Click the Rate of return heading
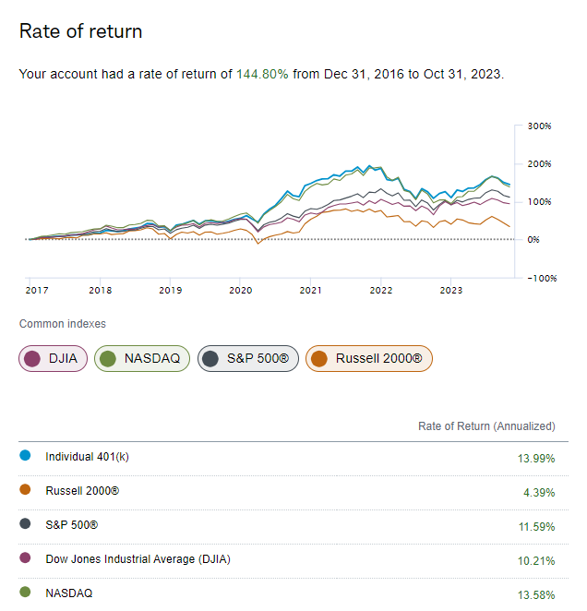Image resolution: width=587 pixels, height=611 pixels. pos(80,31)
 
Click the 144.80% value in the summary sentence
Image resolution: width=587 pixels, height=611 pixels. pos(262,74)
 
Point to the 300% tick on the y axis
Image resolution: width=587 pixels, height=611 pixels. pos(539,126)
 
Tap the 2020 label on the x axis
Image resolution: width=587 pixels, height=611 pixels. pos(240,290)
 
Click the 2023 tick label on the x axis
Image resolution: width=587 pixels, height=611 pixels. pos(450,290)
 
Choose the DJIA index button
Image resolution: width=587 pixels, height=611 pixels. pos(53,358)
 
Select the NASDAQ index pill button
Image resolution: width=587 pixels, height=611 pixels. pos(142,358)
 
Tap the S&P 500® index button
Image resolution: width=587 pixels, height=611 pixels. pos(248,358)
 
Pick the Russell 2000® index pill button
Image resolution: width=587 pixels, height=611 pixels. pos(368,358)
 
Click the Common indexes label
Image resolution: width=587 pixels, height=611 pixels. pos(62,324)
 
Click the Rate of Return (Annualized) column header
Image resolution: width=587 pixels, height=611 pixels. pos(486,426)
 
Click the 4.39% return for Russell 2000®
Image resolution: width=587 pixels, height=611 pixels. pos(538,493)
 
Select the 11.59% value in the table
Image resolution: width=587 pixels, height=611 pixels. pos(535,526)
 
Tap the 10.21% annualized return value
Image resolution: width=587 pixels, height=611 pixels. pos(535,560)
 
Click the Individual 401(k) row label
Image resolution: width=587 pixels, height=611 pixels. pos(89,457)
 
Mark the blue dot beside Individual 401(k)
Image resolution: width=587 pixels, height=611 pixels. pos(25,456)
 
